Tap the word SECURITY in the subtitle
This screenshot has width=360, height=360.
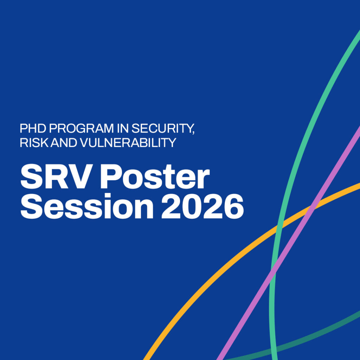point(161,128)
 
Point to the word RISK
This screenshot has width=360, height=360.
point(34,143)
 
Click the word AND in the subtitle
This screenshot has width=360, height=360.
point(64,143)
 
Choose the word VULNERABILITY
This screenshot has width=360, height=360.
point(128,143)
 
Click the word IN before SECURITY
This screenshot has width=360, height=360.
point(123,128)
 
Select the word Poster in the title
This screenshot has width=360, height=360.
point(155,176)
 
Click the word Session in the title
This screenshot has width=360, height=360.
point(87,206)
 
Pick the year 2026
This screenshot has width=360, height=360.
point(202,206)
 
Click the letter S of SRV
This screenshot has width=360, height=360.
point(31,176)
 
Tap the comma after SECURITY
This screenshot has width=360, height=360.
point(193,133)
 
